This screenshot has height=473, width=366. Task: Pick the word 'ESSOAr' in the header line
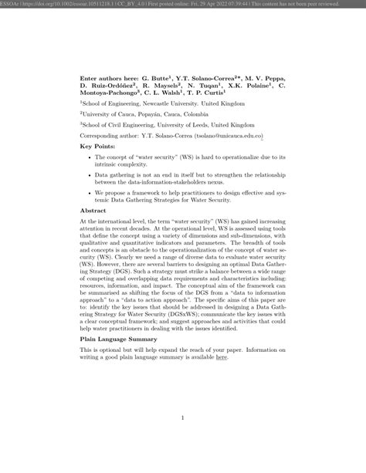[x=11, y=5]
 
